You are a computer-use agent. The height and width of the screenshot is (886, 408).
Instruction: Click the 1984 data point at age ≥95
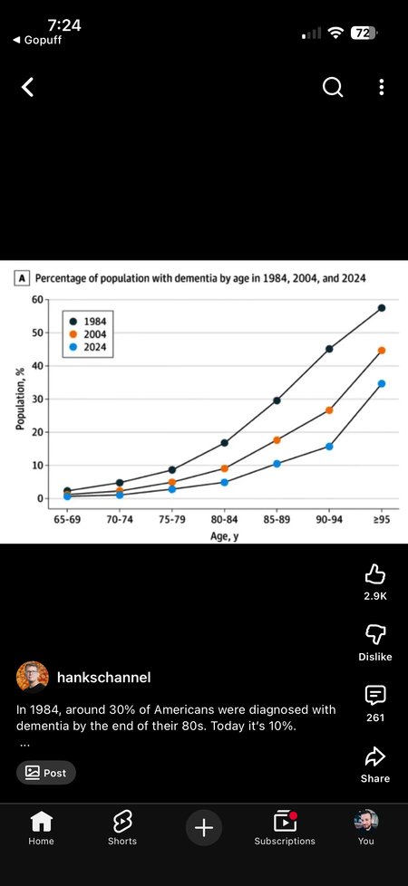pyautogui.click(x=382, y=308)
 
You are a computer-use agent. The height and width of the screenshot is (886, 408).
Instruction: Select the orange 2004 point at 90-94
pyautogui.click(x=329, y=410)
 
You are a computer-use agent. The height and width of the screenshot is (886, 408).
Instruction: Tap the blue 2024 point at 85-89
pyautogui.click(x=277, y=464)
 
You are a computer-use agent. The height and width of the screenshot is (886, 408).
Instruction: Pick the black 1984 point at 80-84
pyautogui.click(x=225, y=443)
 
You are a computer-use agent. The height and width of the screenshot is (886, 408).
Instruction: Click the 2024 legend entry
pyautogui.click(x=88, y=347)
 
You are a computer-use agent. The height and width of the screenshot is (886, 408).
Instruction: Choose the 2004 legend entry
pyautogui.click(x=88, y=334)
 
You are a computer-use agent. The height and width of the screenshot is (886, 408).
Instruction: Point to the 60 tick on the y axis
pyautogui.click(x=37, y=300)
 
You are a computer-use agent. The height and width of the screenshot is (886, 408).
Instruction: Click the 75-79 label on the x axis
pyautogui.click(x=172, y=520)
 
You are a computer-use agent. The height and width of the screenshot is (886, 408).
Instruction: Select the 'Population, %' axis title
pyautogui.click(x=20, y=399)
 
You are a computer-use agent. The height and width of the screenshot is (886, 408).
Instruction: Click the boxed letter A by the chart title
pyautogui.click(x=22, y=278)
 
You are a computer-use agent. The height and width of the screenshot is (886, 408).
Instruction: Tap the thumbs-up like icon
pyautogui.click(x=375, y=575)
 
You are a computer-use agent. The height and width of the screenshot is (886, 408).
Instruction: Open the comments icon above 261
pyautogui.click(x=375, y=695)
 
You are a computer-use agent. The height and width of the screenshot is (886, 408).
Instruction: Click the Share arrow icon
pyautogui.click(x=375, y=756)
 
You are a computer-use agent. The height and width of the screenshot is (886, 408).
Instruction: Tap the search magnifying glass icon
pyautogui.click(x=333, y=87)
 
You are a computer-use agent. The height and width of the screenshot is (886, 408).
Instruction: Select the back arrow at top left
pyautogui.click(x=27, y=87)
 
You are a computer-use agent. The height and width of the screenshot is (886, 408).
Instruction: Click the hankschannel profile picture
pyautogui.click(x=33, y=677)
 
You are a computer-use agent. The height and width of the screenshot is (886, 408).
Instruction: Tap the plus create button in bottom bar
pyautogui.click(x=204, y=828)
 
